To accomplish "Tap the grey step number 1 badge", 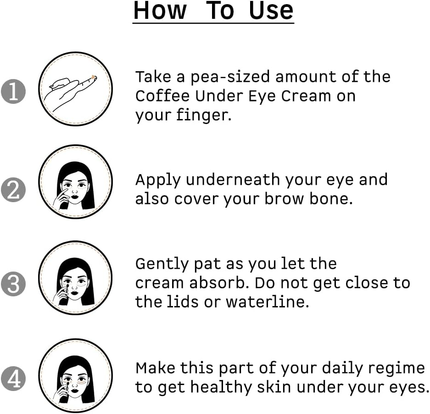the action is (13, 91).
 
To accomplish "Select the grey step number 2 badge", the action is (13, 190).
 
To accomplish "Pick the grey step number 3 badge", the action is (13, 284).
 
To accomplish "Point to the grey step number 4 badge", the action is (13, 379).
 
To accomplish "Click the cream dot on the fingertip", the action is (93, 77).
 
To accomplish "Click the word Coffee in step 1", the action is (162, 96).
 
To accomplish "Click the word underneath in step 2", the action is (233, 180).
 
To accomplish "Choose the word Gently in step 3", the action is (162, 264).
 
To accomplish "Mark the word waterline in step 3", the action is (268, 302).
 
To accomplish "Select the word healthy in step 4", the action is (221, 388).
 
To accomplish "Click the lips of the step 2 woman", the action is (75, 197).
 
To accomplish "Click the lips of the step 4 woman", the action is (75, 391).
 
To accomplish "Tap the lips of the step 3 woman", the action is (75, 293).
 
